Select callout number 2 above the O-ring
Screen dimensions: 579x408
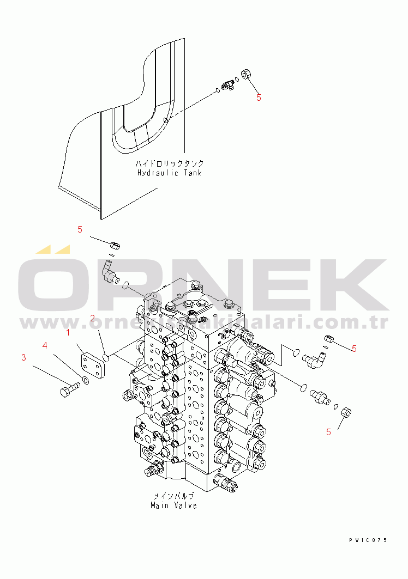(x=93, y=318)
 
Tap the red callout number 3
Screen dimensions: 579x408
(x=23, y=357)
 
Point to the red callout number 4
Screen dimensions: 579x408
(x=45, y=345)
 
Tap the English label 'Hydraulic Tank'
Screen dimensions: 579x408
(x=170, y=173)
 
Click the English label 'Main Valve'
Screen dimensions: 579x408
(x=173, y=505)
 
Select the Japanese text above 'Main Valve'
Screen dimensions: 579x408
(x=173, y=496)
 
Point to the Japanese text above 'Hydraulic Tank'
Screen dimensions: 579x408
(x=170, y=163)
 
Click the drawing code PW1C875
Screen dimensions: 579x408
(x=368, y=540)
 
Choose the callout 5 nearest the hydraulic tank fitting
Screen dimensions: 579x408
(x=259, y=97)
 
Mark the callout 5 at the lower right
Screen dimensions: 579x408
(x=328, y=432)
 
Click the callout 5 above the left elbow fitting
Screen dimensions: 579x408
(x=80, y=229)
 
